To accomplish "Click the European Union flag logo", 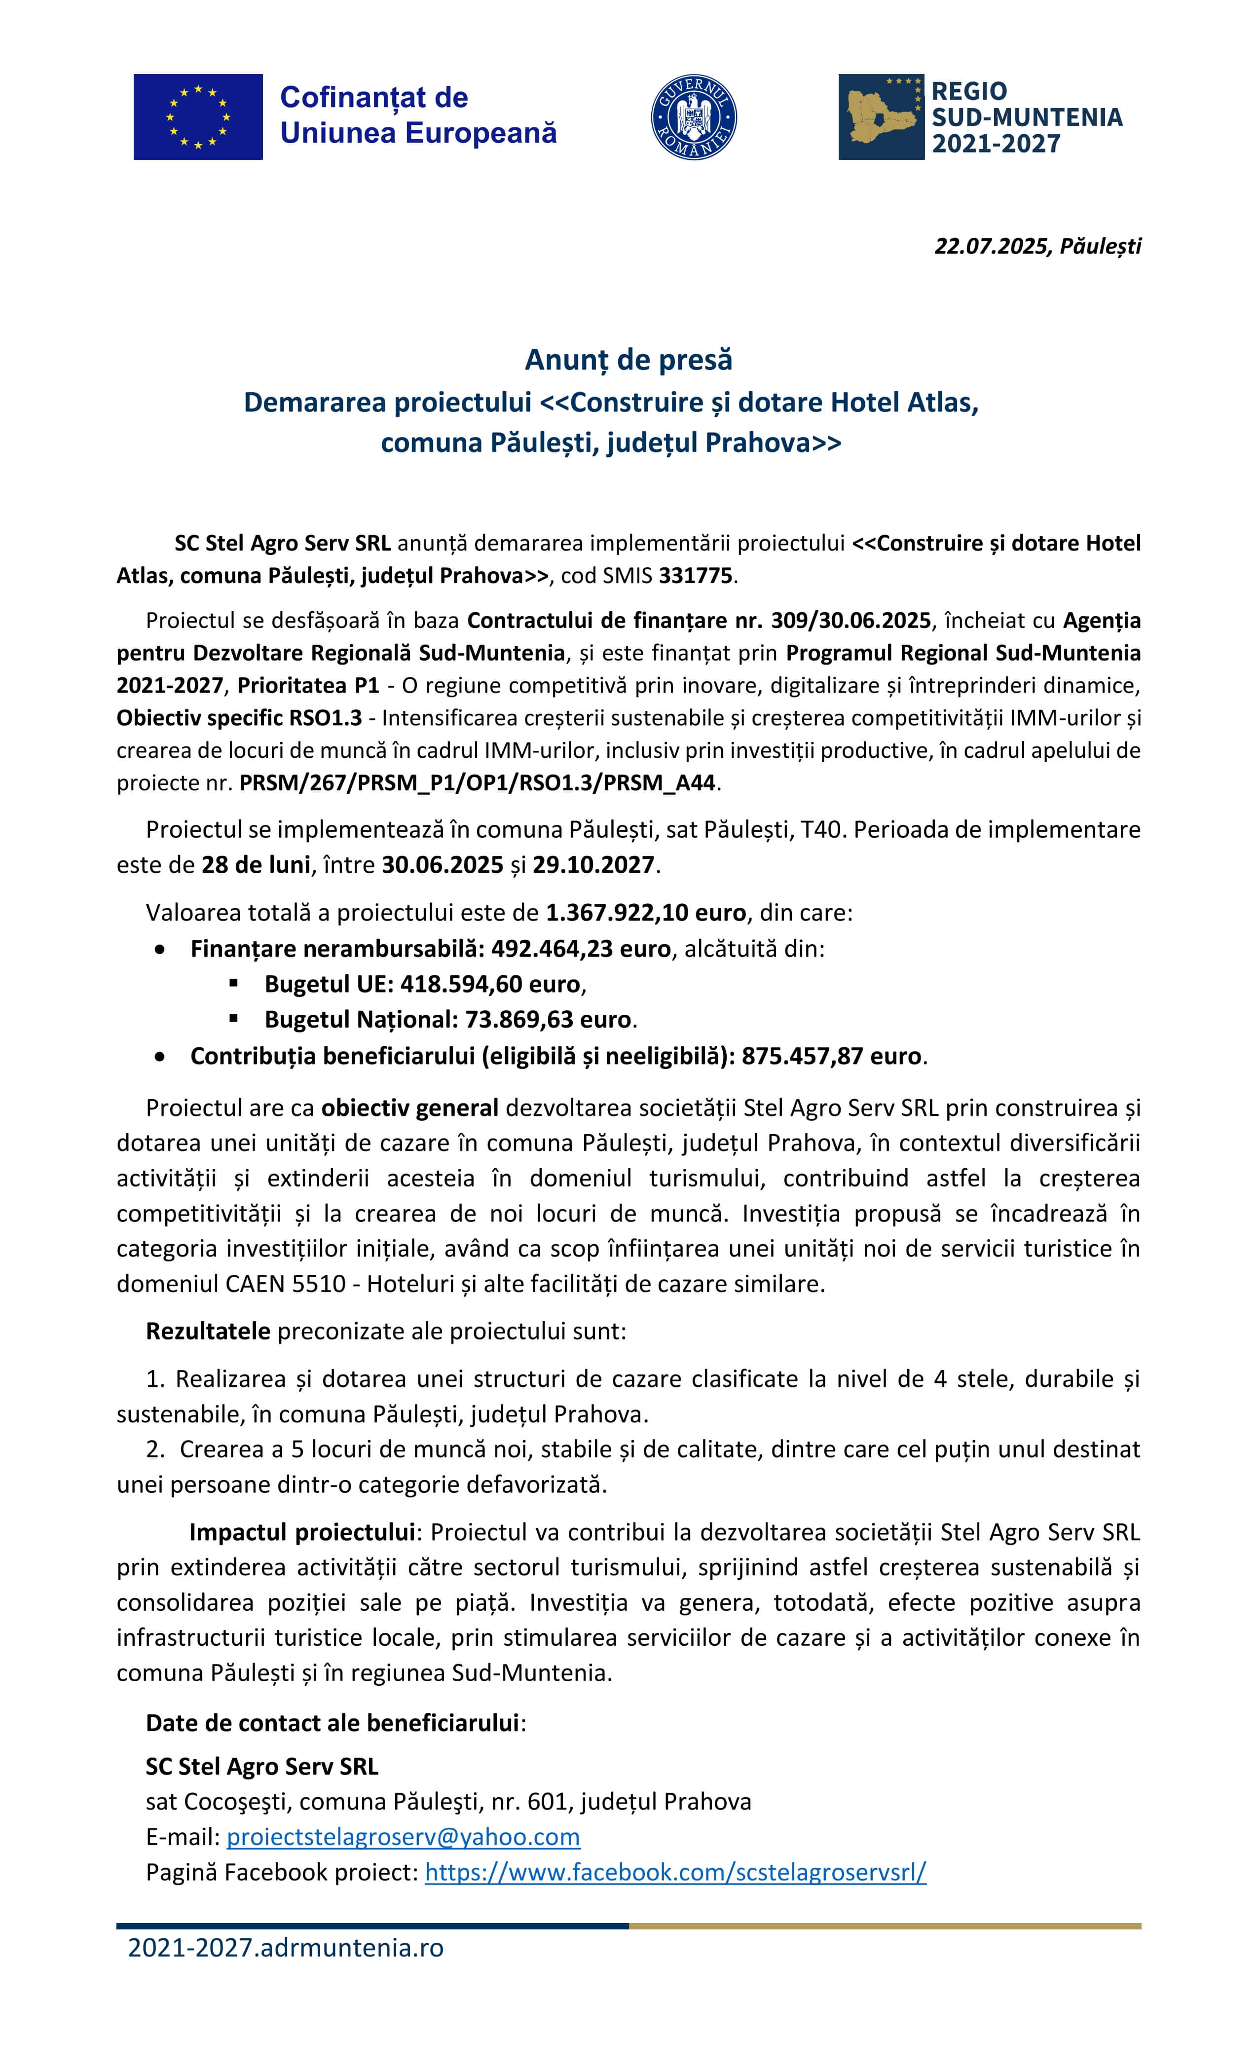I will [x=198, y=117].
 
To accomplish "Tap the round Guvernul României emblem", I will [x=694, y=118].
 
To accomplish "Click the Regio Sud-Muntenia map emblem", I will [x=881, y=117].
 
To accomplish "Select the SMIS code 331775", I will [x=696, y=576].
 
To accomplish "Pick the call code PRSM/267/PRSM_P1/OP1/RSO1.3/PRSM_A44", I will [x=477, y=783].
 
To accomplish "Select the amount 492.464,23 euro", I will [x=580, y=949].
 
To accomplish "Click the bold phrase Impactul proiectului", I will [x=302, y=1532].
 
